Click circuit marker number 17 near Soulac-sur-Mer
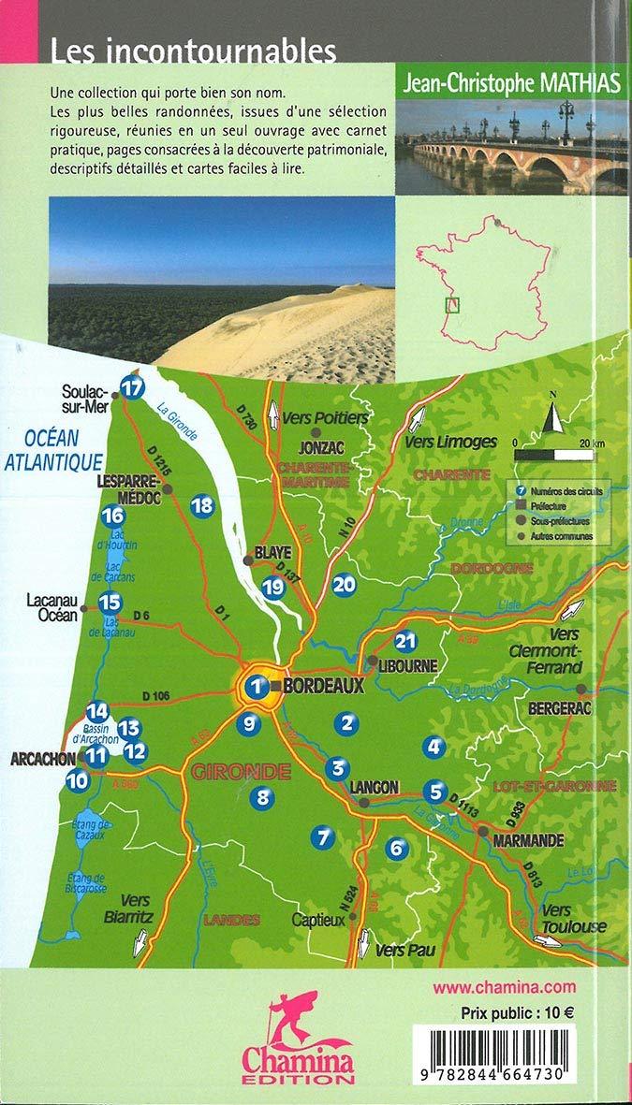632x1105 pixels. (135, 386)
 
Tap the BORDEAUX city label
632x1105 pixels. (322, 685)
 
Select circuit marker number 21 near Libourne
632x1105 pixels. (405, 641)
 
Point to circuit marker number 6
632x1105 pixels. (397, 848)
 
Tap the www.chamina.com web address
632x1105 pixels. (505, 986)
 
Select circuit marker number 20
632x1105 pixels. (344, 584)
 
